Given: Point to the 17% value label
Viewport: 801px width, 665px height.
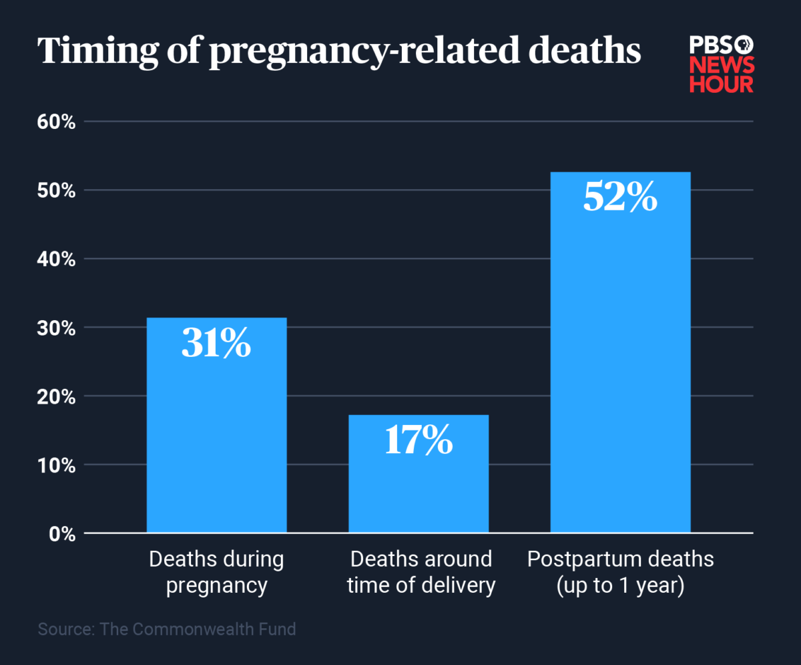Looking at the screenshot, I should click(x=419, y=441).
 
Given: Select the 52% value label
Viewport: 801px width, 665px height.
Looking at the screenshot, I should click(x=620, y=198).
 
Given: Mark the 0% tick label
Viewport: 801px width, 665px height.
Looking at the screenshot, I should click(x=61, y=534).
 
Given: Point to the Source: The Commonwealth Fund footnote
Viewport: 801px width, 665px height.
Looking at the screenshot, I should click(x=167, y=629).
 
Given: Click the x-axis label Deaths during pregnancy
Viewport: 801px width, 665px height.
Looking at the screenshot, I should click(x=216, y=572).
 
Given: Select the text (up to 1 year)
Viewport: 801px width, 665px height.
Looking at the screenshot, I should click(x=620, y=586).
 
